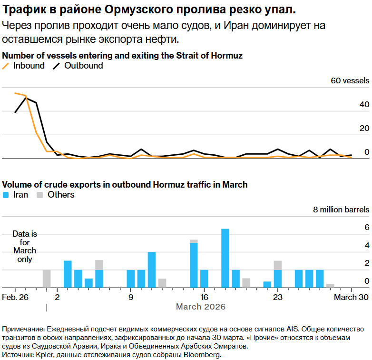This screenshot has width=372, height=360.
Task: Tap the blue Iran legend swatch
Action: coord(6,195)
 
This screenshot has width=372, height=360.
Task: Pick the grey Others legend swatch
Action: coord(40,195)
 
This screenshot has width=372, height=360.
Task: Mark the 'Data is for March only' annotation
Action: coord(25,247)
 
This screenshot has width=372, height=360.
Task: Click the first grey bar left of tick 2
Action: coord(46,279)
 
